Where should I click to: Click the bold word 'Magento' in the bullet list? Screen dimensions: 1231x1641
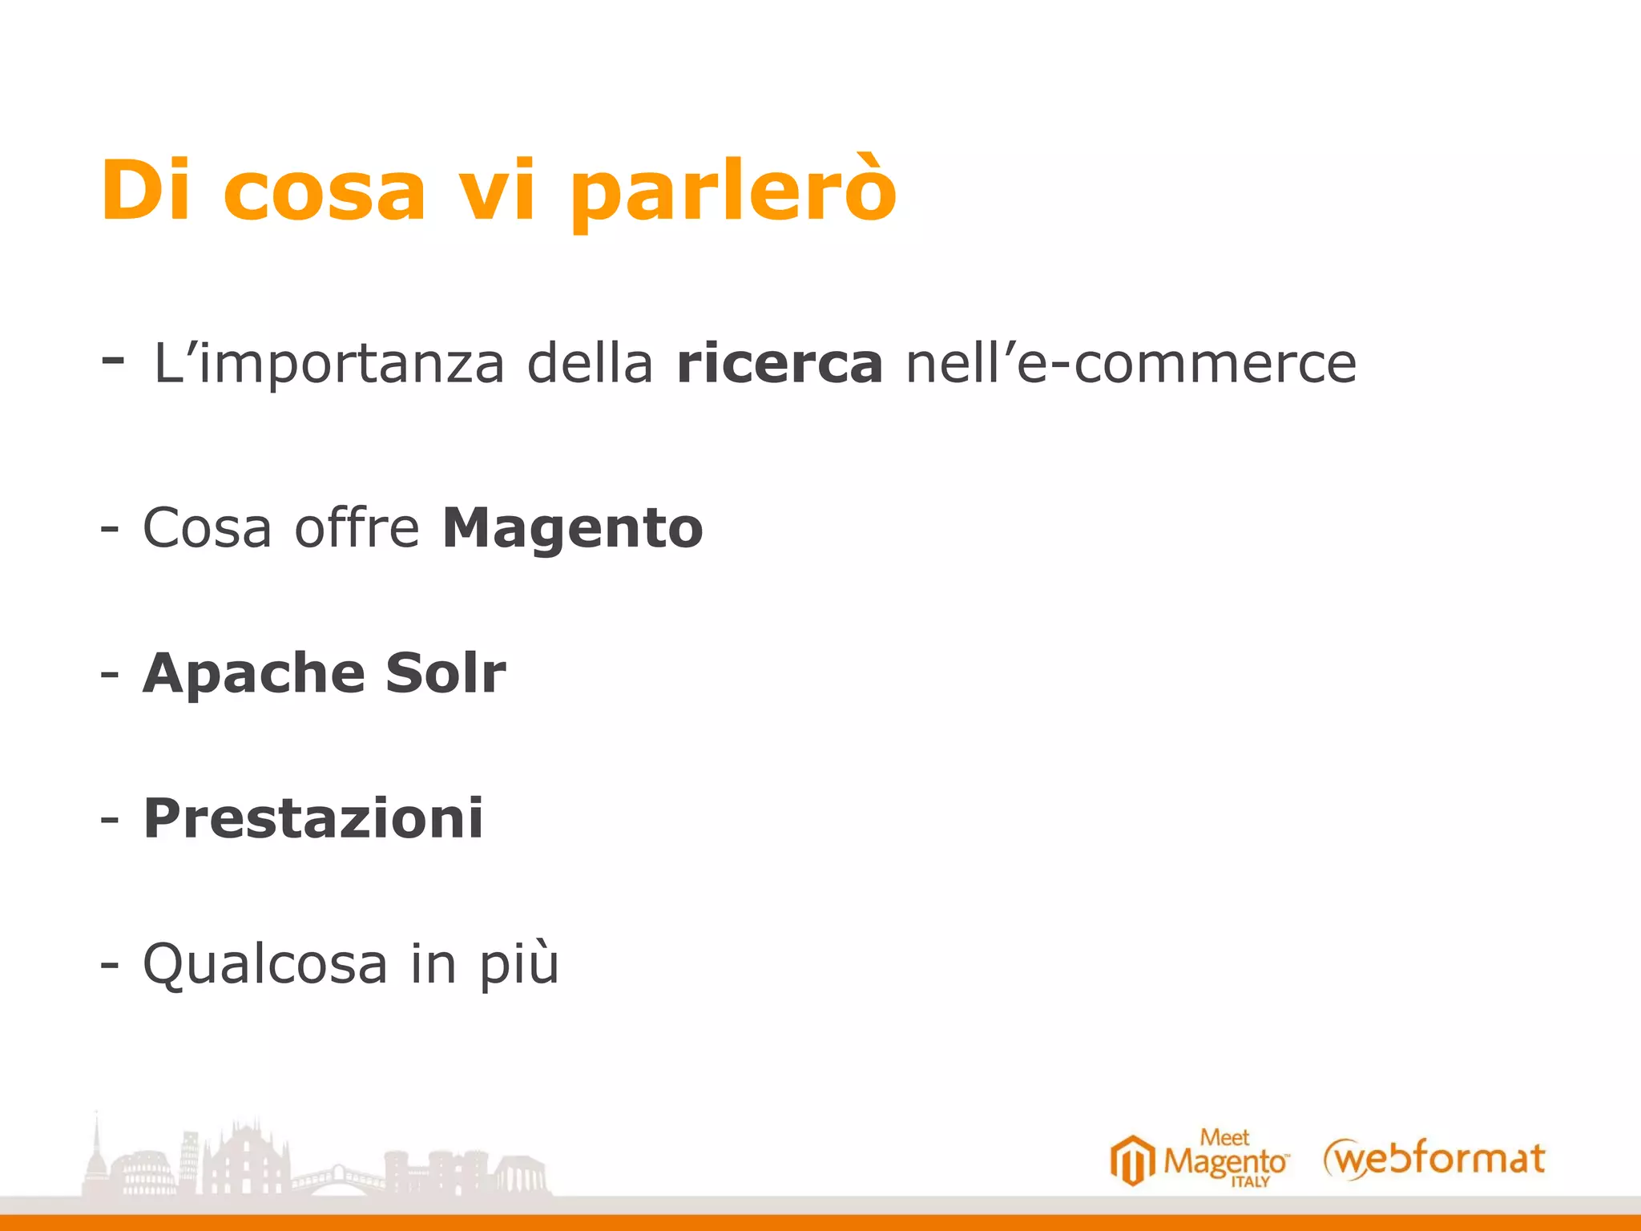(573, 528)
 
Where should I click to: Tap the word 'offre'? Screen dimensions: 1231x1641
(357, 528)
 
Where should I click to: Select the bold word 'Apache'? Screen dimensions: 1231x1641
(252, 673)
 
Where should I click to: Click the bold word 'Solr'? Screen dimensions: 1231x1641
(446, 673)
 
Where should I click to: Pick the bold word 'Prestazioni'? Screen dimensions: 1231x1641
(313, 818)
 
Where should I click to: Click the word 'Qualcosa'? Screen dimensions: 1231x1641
(265, 963)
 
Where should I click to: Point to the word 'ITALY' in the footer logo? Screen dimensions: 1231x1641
(1250, 1182)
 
